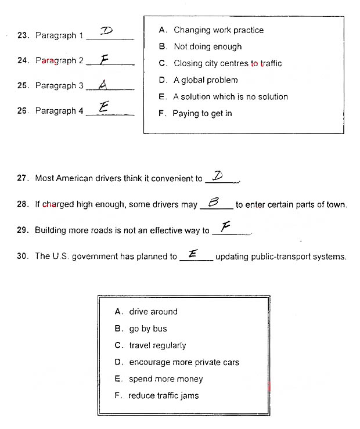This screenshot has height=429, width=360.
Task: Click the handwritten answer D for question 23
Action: [107, 31]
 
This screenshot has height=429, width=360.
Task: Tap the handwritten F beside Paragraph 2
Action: [105, 58]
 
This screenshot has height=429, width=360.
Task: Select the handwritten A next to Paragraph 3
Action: [103, 84]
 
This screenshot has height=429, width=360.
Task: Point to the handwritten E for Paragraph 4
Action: [104, 107]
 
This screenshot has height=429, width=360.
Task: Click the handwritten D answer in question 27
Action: [218, 175]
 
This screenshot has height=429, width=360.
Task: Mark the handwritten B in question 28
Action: [213, 201]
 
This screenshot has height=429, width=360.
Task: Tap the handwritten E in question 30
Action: [193, 253]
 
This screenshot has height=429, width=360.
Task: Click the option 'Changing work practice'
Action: [218, 30]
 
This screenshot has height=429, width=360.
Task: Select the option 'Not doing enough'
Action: [207, 46]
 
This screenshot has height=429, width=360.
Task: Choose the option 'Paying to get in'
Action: [201, 113]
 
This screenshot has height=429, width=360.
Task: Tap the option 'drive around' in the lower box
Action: [153, 312]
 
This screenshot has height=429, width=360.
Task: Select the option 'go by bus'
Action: [148, 329]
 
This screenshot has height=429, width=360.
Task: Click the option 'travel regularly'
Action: [157, 345]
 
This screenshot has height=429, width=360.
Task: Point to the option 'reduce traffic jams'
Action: [163, 396]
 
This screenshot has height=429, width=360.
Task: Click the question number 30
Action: [23, 256]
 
